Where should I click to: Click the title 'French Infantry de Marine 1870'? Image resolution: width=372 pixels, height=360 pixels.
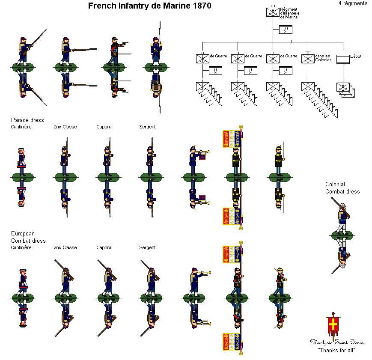pos(149,6)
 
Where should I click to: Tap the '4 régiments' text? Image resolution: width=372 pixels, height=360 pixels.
pos(353,3)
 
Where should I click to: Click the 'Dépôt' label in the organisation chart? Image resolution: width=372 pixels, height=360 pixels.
pos(356,56)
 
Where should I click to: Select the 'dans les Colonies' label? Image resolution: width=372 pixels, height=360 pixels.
pos(323,58)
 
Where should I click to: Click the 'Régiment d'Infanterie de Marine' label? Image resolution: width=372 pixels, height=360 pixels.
pos(290,13)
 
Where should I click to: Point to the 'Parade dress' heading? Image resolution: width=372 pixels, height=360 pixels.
pos(27,120)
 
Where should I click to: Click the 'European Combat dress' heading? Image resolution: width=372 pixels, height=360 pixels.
pos(29,237)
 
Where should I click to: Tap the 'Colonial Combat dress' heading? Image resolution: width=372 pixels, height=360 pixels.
pos(342,188)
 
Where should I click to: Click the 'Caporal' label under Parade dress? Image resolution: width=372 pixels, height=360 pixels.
pos(104,127)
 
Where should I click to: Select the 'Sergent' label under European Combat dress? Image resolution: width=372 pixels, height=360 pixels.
pos(147,247)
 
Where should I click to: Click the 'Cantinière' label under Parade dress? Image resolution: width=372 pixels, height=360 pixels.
pos(21,127)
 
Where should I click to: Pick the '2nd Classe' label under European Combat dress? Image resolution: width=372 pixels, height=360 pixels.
pos(65,247)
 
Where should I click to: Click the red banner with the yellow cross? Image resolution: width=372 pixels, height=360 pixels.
pos(333,324)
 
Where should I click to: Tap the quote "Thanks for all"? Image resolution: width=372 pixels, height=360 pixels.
pos(336,350)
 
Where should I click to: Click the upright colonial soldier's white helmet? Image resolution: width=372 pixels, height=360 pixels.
pos(343,205)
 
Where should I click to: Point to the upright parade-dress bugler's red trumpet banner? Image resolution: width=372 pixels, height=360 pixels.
pos(202,157)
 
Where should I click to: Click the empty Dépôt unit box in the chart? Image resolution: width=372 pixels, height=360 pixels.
pos(343,60)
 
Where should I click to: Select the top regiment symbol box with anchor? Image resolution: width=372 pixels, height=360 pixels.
pos(273,12)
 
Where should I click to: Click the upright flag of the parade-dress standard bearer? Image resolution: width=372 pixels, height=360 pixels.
pos(232,139)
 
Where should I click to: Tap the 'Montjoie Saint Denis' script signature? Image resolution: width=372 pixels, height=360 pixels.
pos(336,342)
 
